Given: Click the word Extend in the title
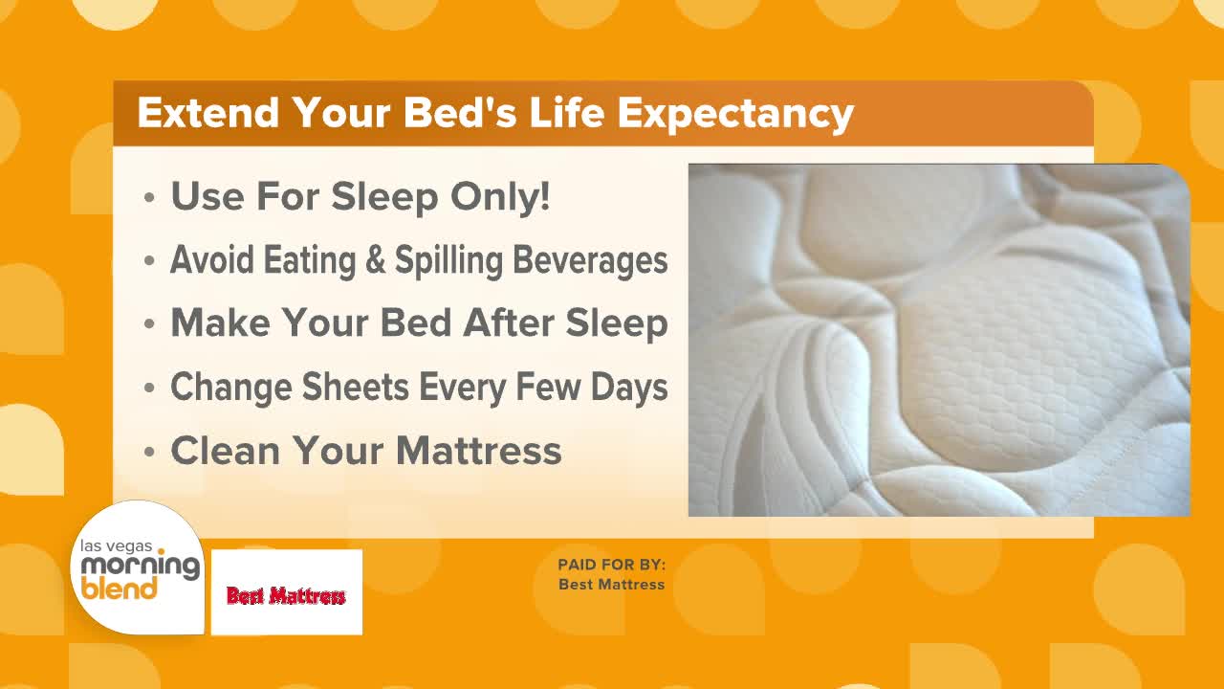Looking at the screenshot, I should (208, 113).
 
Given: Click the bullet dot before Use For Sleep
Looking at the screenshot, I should (148, 200).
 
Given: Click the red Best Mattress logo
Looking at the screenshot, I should (286, 594).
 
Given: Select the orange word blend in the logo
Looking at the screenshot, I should (119, 588).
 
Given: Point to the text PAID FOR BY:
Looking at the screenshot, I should (611, 565).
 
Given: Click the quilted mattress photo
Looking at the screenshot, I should (939, 340).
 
